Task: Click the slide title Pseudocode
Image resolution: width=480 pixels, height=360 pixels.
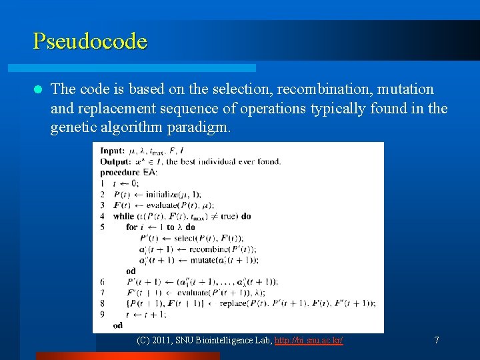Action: point(90,41)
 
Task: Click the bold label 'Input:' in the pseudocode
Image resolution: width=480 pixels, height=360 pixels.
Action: point(112,151)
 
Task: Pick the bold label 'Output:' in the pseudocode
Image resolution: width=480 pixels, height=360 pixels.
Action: point(115,161)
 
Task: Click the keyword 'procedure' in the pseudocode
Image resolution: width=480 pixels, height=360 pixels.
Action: point(120,172)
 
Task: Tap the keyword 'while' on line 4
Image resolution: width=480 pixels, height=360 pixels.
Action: point(124,216)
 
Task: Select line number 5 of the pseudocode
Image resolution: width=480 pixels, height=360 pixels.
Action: point(102,227)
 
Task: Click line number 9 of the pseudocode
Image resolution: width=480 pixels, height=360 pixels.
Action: point(102,314)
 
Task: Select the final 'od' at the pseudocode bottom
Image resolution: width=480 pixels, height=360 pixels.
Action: point(118,325)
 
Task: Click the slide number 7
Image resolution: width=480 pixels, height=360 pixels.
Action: point(437,340)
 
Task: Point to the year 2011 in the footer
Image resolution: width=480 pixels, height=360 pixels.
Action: point(162,340)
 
